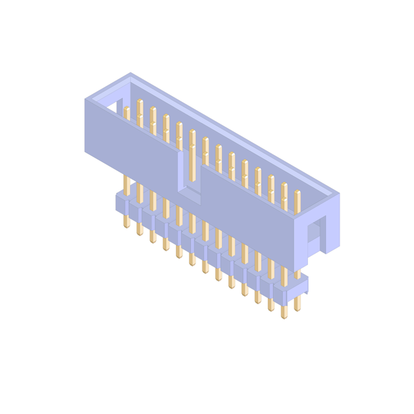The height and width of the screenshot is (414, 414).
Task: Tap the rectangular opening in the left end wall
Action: point(112,104)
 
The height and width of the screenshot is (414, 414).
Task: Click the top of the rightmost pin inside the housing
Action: point(298,192)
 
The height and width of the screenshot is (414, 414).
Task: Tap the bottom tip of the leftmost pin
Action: point(127,226)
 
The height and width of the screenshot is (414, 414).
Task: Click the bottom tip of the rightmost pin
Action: point(298,310)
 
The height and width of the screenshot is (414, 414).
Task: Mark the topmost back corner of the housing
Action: point(131,73)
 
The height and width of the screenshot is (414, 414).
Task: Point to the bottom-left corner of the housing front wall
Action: point(85,151)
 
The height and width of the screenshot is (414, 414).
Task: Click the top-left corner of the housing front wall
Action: point(85,100)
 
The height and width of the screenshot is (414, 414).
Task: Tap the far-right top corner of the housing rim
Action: point(339,193)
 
